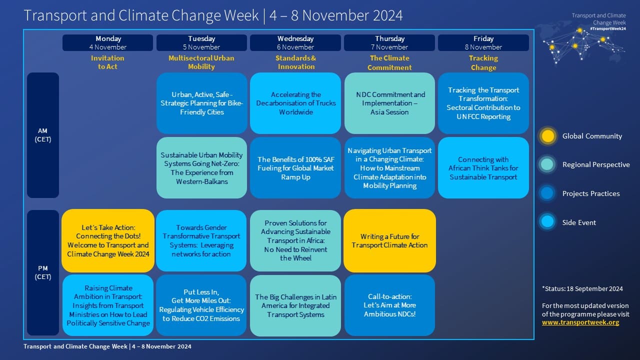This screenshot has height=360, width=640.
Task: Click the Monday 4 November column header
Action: tap(107, 42)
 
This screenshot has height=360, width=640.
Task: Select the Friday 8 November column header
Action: tap(483, 42)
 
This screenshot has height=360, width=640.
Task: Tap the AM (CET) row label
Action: tap(43, 135)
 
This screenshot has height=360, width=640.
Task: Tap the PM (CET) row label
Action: tap(43, 272)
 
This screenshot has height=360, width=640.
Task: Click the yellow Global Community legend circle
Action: tap(548, 136)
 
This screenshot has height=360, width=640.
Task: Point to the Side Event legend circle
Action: tap(548, 222)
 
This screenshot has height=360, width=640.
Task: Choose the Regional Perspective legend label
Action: tap(595, 164)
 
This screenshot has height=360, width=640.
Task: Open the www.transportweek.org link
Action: tap(580, 322)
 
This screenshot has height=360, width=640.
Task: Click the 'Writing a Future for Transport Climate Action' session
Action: tap(389, 240)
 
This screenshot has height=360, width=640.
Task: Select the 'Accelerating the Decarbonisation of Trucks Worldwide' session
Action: tap(296, 103)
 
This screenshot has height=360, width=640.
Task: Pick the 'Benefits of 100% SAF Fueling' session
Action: tap(295, 168)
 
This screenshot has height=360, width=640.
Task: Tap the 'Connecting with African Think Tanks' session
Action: tap(483, 168)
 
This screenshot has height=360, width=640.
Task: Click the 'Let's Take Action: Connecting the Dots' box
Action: tap(108, 240)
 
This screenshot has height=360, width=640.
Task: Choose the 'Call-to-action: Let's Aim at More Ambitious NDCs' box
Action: tap(389, 305)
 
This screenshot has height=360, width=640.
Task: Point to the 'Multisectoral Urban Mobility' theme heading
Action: tap(201, 62)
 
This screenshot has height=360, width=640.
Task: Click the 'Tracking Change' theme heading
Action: tap(483, 62)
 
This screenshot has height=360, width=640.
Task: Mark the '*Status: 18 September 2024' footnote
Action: tap(582, 288)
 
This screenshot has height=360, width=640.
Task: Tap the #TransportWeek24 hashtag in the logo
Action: tap(607, 29)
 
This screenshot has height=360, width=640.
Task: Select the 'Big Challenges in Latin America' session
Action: tap(295, 305)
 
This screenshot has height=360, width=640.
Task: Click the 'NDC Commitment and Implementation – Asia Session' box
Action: tap(389, 103)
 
